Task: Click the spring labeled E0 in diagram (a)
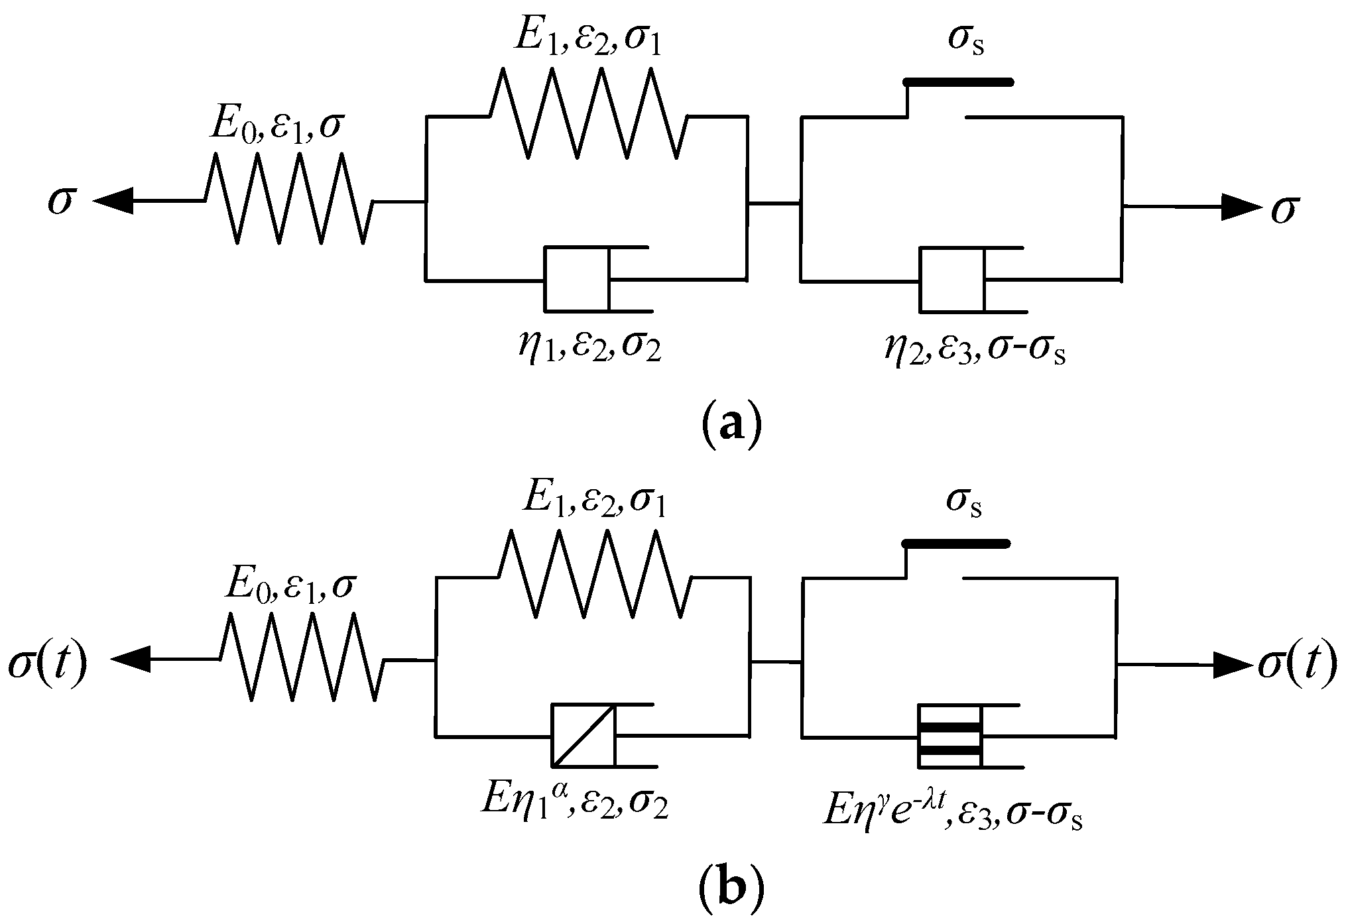point(289,199)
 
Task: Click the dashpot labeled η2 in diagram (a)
point(952,279)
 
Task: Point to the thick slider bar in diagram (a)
point(959,82)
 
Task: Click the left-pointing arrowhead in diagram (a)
point(114,200)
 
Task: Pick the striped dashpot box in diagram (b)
point(949,736)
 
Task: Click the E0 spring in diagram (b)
point(302,657)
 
